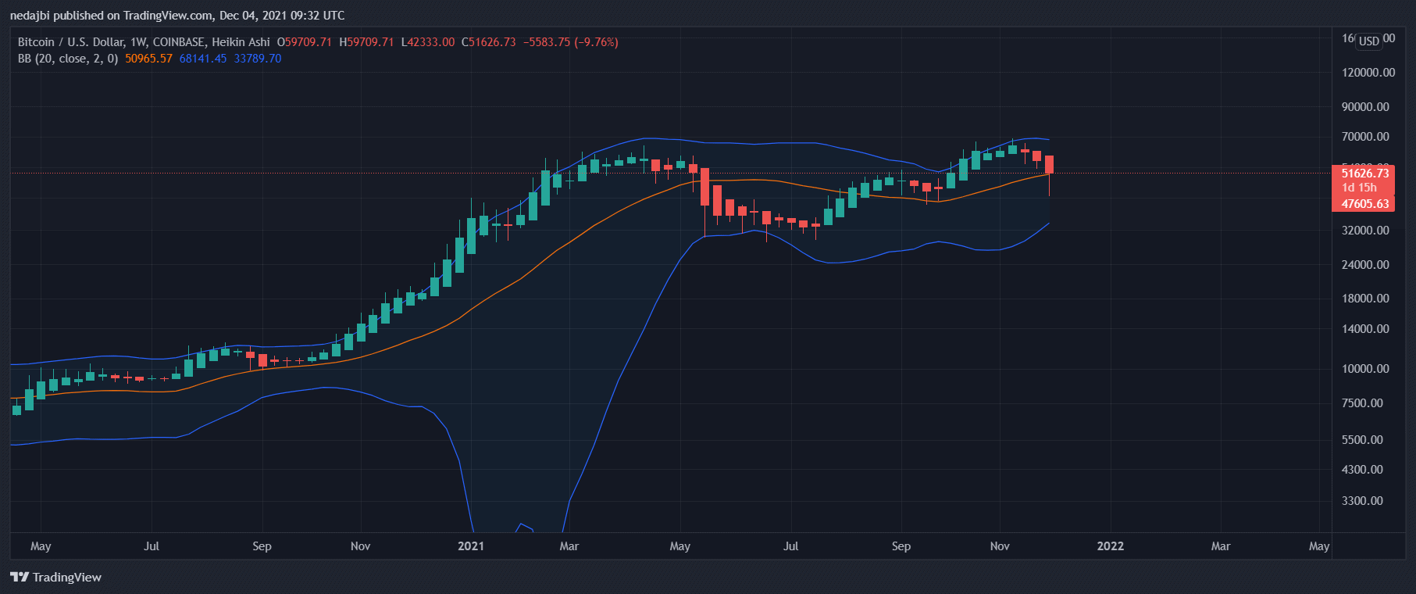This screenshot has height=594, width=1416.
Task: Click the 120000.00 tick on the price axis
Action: [1368, 73]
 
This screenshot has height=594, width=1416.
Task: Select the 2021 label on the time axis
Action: [471, 546]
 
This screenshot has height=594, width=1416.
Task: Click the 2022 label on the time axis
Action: [1110, 546]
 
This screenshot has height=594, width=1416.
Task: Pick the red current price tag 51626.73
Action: [1364, 174]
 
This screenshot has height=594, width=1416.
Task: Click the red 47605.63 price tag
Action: [1364, 204]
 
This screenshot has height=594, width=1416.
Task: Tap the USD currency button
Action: [1368, 41]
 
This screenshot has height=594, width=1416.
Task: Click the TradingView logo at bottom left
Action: [56, 578]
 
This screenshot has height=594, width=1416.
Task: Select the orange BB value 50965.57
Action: [148, 59]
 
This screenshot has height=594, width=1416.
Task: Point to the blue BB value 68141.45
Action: [203, 59]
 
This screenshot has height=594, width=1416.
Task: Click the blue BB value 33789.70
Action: [258, 59]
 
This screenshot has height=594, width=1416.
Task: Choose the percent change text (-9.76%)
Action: [596, 42]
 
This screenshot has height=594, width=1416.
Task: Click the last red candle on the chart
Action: [1049, 164]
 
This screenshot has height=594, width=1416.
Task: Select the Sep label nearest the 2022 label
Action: [901, 546]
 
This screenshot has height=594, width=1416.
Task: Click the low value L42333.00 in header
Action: [428, 42]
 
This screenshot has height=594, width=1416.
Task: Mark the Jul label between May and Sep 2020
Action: [152, 546]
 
